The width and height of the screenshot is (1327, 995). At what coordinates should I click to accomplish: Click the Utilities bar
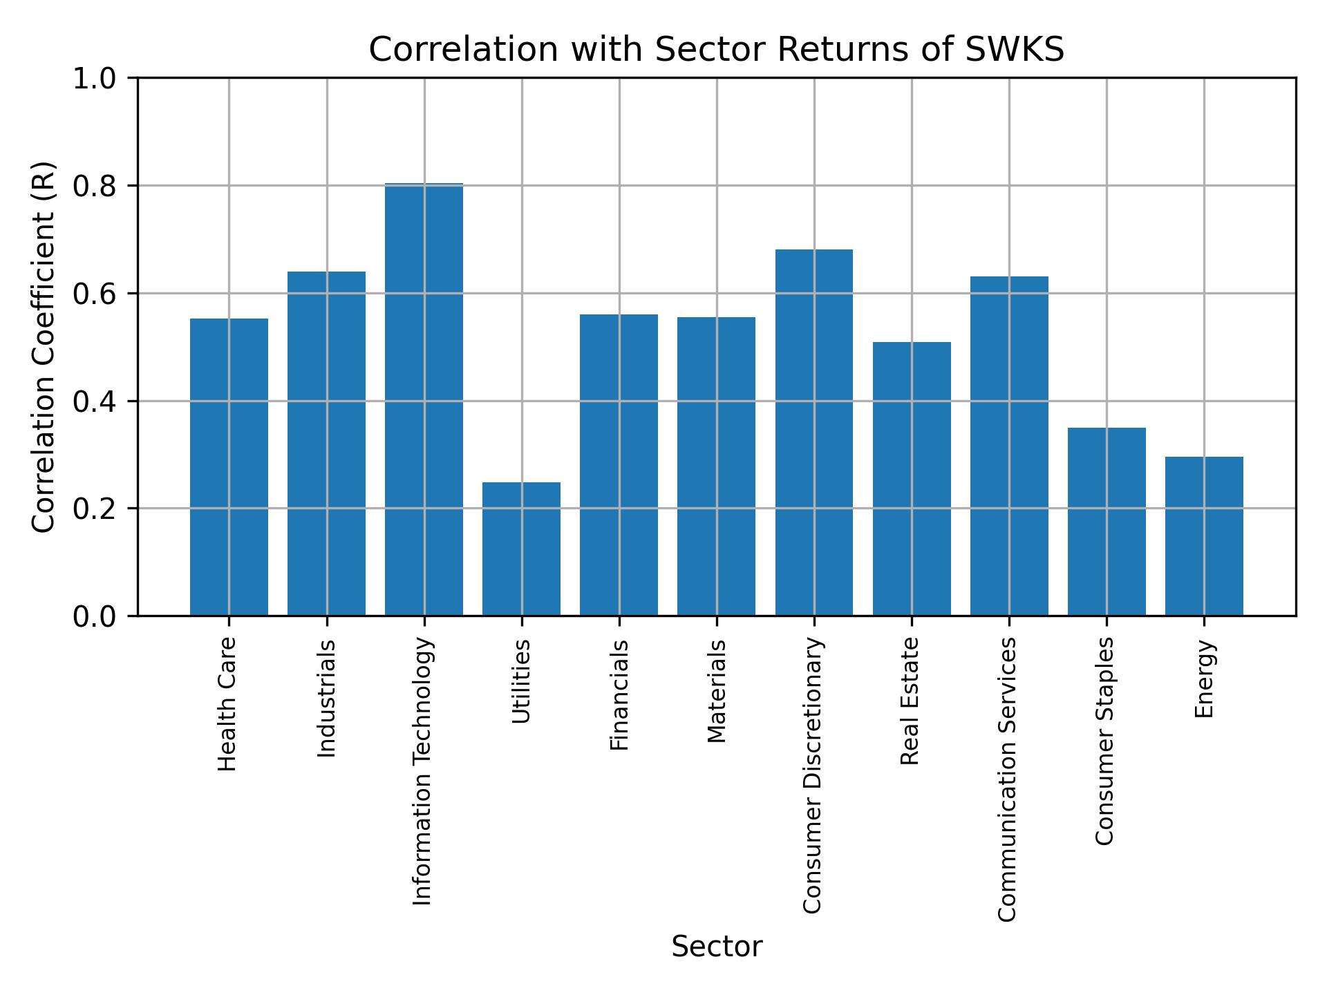tap(521, 549)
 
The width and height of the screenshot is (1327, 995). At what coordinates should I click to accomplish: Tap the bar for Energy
tap(1204, 536)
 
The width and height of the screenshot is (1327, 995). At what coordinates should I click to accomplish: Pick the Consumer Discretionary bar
tap(813, 433)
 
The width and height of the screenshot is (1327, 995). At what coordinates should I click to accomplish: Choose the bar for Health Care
tap(229, 467)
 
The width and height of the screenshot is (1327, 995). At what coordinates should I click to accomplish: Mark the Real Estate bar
tap(912, 479)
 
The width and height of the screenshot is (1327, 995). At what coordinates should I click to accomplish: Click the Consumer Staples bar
tap(1107, 522)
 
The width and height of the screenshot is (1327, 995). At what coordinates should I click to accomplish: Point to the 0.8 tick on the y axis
tap(97, 186)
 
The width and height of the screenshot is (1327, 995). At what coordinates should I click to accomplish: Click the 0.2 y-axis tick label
tap(97, 509)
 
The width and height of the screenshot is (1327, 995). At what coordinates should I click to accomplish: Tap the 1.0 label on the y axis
tap(97, 79)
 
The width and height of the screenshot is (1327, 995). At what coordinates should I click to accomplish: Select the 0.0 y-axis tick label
tap(97, 616)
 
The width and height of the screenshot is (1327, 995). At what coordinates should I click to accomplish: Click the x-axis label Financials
tap(619, 695)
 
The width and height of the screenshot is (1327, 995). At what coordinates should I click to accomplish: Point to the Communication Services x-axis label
tap(1008, 779)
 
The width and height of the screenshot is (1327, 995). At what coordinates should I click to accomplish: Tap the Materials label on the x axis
tap(717, 692)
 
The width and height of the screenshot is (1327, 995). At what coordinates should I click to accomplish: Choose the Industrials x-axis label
tap(326, 699)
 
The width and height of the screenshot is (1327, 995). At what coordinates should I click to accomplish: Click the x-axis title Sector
tap(717, 947)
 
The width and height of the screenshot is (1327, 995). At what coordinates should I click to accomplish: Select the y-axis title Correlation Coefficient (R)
tap(43, 347)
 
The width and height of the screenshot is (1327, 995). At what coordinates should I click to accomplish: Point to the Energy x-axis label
tap(1204, 679)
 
